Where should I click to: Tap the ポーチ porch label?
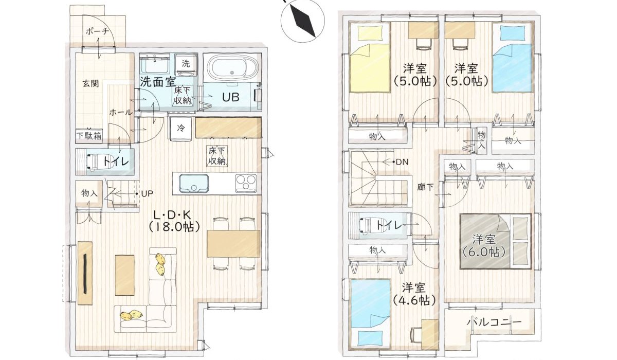point(98,31)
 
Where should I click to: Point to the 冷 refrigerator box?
point(180,127)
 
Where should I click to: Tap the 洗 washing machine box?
point(186,64)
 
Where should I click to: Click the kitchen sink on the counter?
point(194,183)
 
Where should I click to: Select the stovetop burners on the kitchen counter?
point(246,183)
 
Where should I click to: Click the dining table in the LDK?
point(233,243)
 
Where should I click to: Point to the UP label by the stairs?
point(146,194)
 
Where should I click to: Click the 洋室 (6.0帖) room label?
point(484,245)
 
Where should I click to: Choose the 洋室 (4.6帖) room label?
point(414,293)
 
